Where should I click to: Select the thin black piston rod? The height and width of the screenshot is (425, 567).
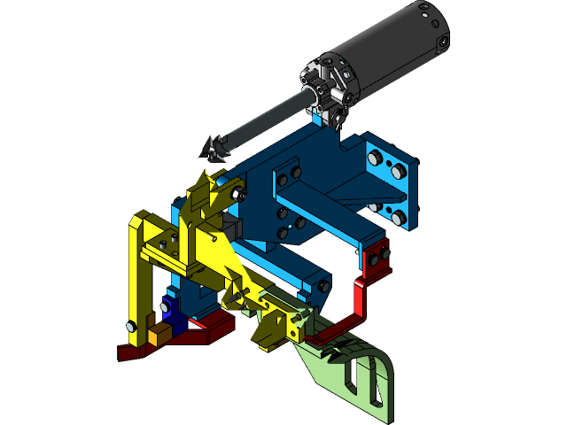click(266, 120)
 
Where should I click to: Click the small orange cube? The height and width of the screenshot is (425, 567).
click(160, 335)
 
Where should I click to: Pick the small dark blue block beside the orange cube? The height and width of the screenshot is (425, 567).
click(177, 324)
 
